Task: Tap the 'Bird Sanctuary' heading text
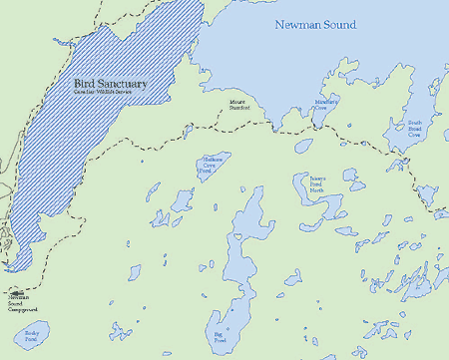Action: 110,85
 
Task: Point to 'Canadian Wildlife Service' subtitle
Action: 110,97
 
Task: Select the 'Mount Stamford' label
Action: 238,104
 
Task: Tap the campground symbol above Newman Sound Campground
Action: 18,292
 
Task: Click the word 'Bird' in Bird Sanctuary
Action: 84,85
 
